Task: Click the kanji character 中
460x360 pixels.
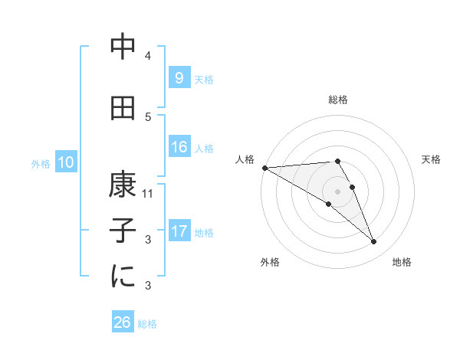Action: pos(122,48)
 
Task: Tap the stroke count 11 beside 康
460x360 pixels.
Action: pos(149,194)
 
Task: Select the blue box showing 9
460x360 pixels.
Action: pos(179,77)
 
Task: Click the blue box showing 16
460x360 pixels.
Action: pos(179,147)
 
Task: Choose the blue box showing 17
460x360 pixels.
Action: pos(179,231)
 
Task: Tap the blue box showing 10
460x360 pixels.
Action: pos(65,162)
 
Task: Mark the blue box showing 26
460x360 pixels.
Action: pos(122,322)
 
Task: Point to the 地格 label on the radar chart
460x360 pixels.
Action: pos(402,262)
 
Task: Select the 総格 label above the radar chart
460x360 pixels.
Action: pos(337,100)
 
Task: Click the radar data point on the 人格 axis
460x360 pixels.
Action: pos(264,168)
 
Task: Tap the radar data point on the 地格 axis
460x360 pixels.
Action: pos(374,242)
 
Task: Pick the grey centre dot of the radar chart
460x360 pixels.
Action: pos(337,190)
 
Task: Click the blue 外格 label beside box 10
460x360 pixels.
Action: pos(40,163)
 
